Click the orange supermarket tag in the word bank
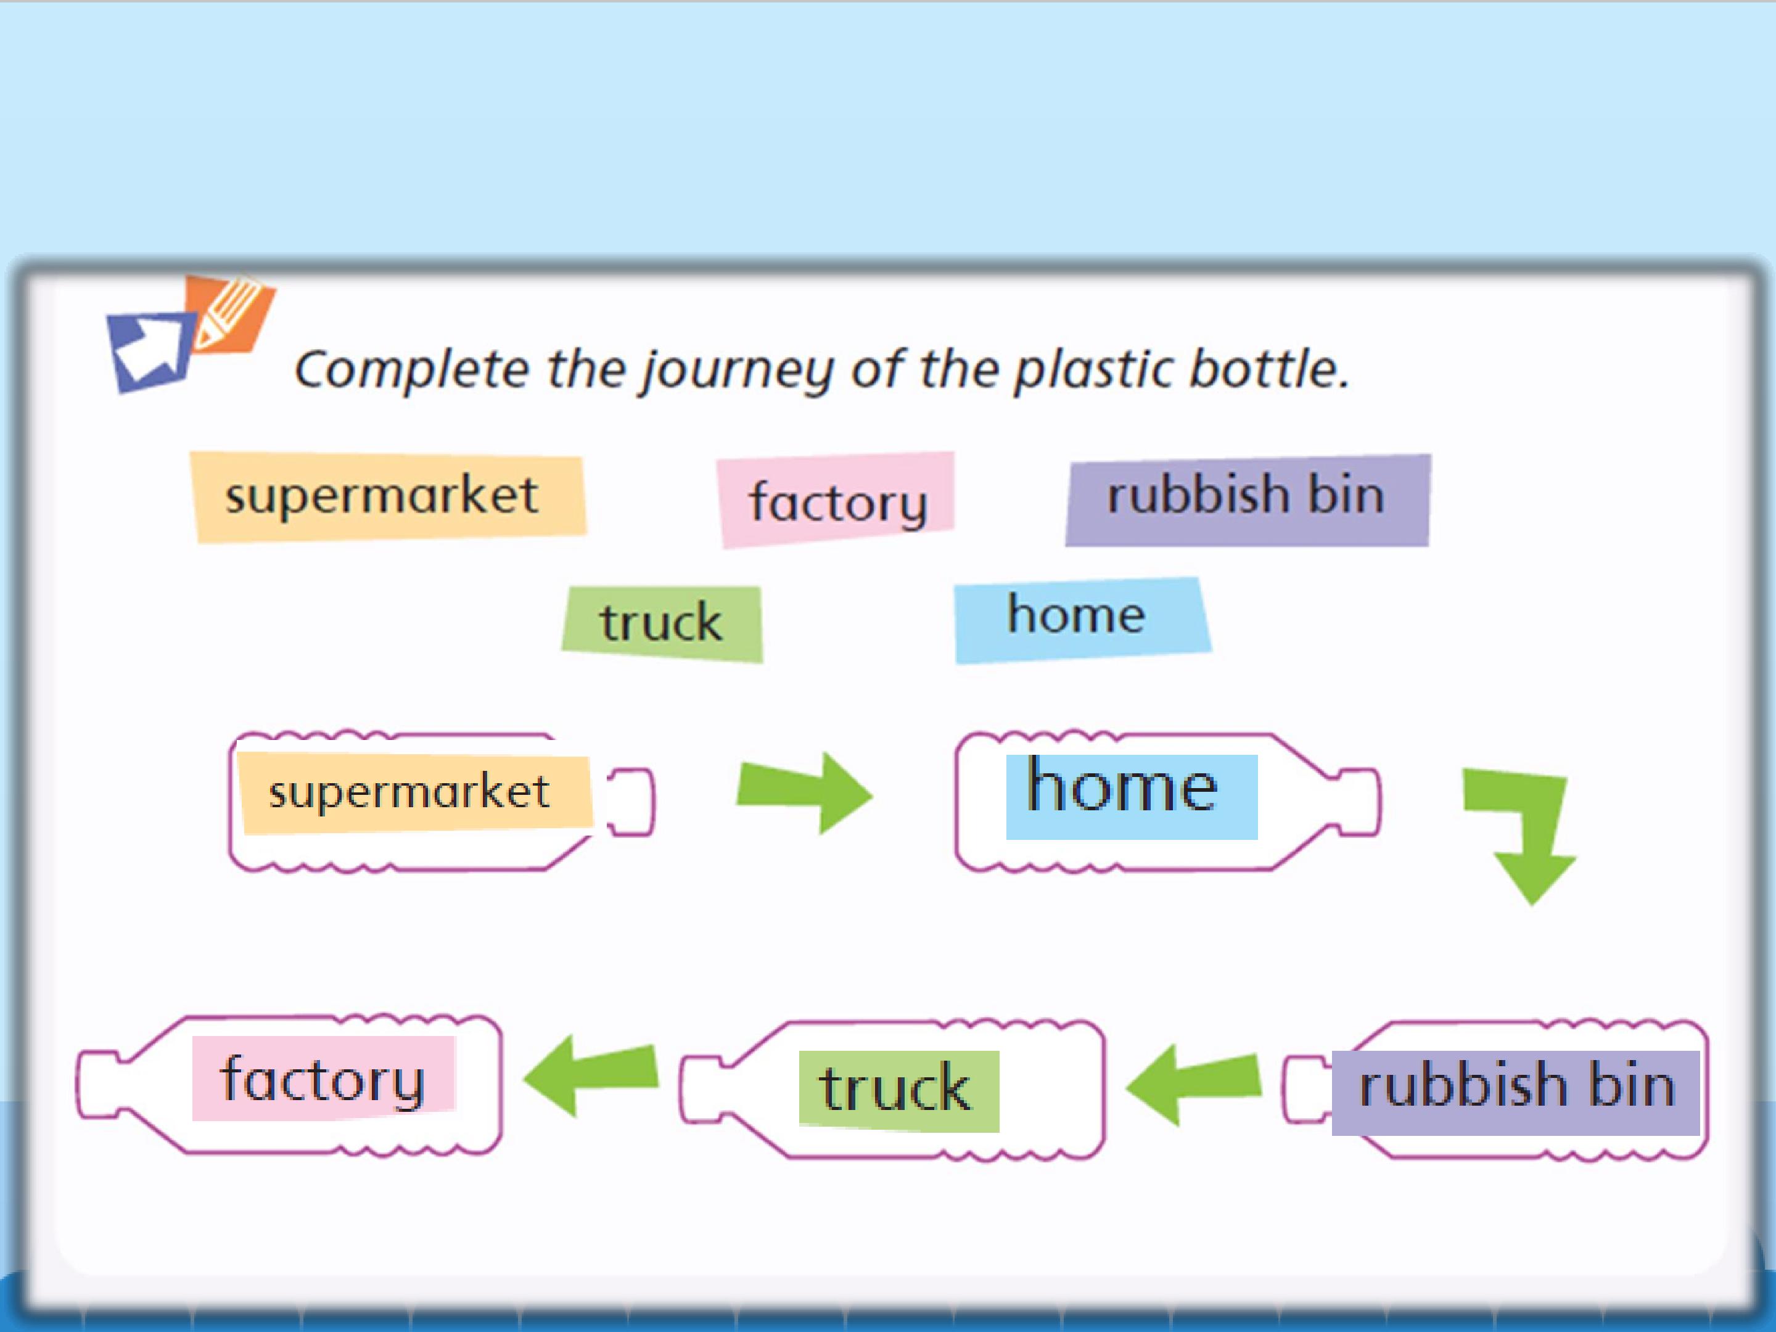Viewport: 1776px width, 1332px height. tap(388, 497)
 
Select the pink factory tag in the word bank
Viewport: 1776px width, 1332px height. tap(836, 500)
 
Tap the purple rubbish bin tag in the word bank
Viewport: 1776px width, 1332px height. tap(1248, 500)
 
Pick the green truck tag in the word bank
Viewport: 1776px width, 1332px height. tap(662, 624)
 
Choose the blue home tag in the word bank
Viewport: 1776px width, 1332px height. tap(1082, 620)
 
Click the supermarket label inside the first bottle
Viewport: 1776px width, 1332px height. tap(415, 793)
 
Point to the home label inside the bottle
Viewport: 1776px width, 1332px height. tap(1132, 797)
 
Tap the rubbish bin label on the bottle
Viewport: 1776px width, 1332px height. tap(1516, 1093)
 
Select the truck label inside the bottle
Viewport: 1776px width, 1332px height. tap(899, 1091)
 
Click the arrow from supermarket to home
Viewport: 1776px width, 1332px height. tap(805, 792)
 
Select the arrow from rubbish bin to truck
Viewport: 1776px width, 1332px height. tap(1193, 1084)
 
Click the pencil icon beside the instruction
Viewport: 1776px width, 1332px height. tap(231, 314)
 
